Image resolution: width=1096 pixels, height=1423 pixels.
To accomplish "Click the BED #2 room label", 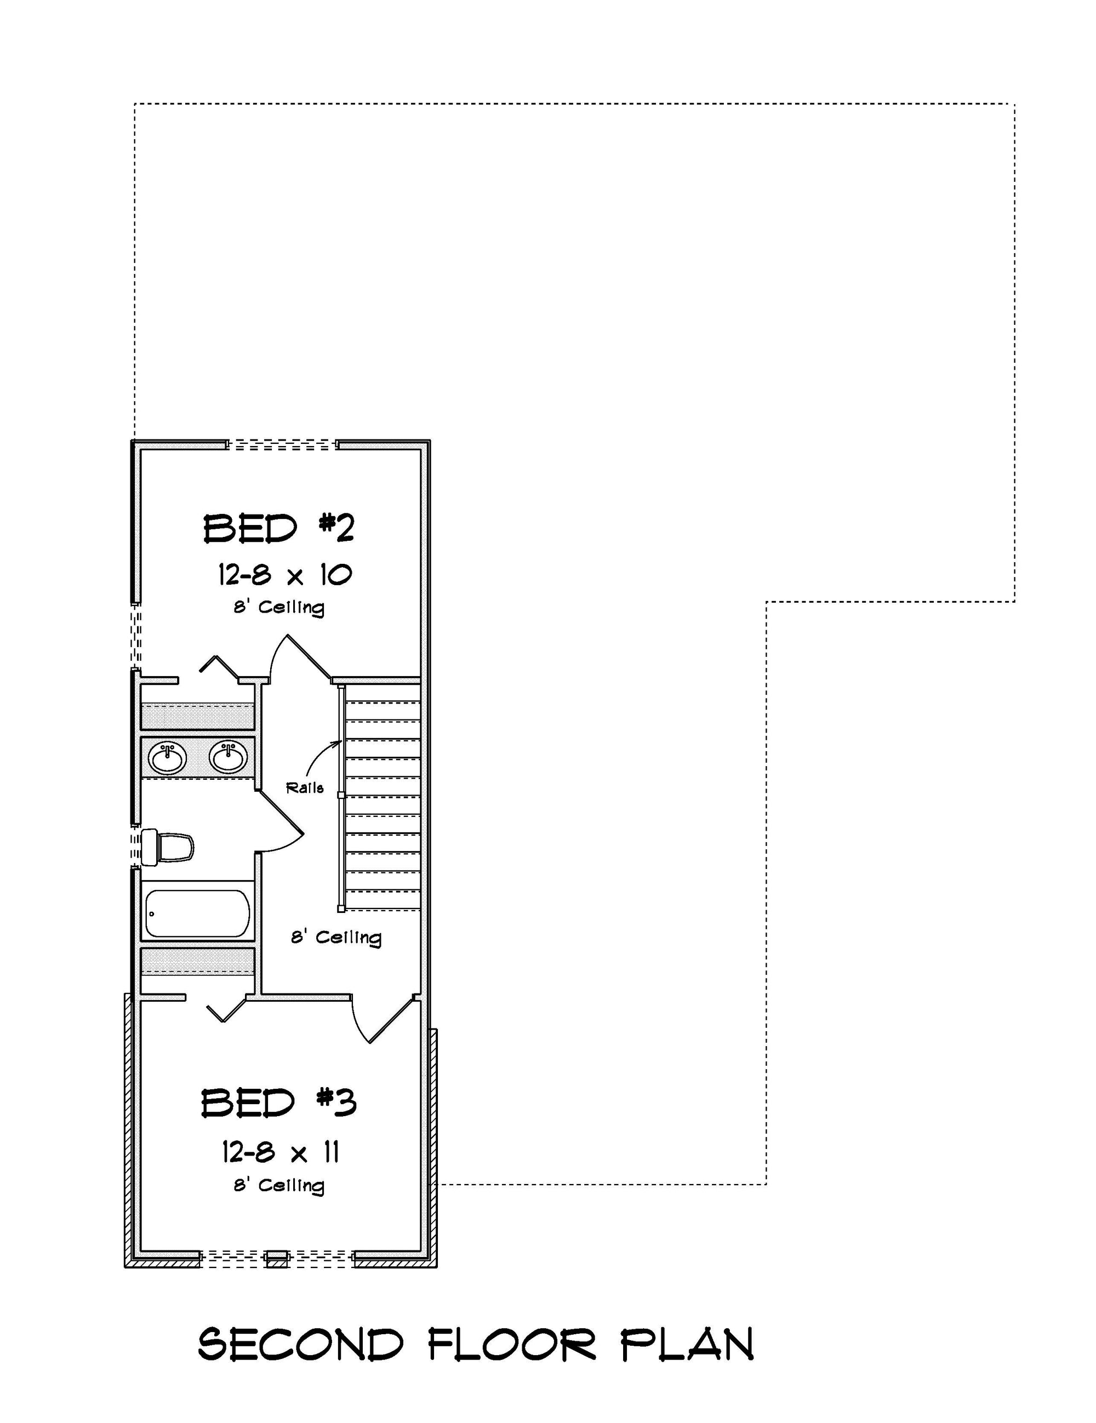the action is (278, 528).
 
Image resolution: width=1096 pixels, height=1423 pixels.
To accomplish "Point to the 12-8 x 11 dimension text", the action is (280, 1153).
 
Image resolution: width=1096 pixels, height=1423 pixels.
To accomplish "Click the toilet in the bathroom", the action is (168, 847).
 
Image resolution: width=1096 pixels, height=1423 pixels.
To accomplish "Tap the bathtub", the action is (197, 913).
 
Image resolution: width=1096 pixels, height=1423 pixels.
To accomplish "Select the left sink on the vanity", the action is (168, 758).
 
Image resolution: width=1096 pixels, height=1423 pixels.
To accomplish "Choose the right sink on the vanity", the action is (228, 757).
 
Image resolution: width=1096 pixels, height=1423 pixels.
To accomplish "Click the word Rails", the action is (305, 788).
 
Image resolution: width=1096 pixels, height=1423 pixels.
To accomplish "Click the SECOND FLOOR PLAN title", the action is (476, 1344).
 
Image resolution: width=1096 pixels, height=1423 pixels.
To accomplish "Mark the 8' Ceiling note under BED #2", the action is (279, 607).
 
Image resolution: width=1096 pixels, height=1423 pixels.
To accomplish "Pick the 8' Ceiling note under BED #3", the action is (279, 1185).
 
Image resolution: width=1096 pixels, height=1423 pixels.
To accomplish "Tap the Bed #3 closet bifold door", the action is (225, 1009).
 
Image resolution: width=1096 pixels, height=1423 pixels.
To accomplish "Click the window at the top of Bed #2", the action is (282, 445).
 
